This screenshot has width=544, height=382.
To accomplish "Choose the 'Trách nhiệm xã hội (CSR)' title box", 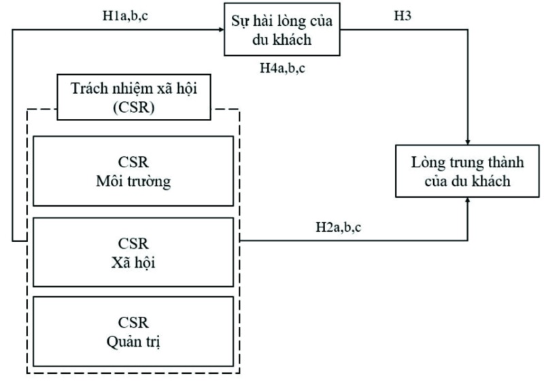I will [133, 97].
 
